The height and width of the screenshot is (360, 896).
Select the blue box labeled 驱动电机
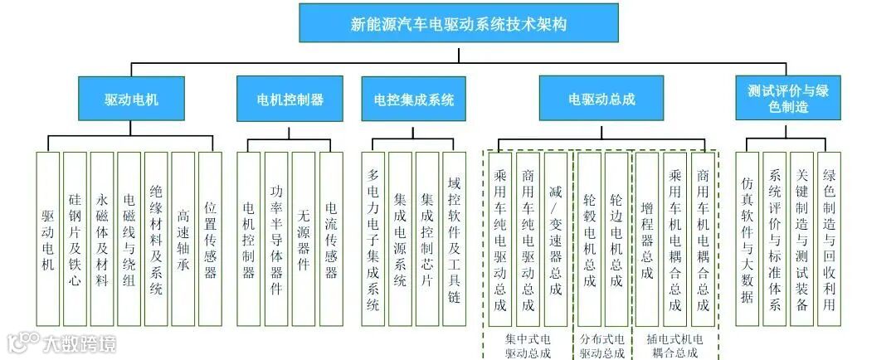(131, 100)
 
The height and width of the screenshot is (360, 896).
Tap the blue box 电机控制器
(290, 100)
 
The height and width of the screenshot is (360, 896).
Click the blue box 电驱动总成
(601, 100)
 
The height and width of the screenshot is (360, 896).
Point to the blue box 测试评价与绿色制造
(787, 100)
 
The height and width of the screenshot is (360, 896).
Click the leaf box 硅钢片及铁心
(75, 239)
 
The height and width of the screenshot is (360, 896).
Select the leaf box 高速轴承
(183, 239)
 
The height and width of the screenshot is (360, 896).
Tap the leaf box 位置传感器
(211, 239)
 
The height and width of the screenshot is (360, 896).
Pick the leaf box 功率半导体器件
(276, 239)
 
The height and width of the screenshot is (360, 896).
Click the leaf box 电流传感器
(331, 239)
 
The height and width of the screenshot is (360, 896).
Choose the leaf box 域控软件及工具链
(454, 239)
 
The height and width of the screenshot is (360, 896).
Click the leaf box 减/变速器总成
(556, 239)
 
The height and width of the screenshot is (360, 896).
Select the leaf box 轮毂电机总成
(589, 239)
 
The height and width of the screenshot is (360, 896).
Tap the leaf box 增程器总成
(647, 239)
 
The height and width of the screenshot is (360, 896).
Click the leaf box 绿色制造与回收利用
(829, 239)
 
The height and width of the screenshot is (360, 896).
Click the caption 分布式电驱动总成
(602, 346)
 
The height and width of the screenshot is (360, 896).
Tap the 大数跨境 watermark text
(79, 343)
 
